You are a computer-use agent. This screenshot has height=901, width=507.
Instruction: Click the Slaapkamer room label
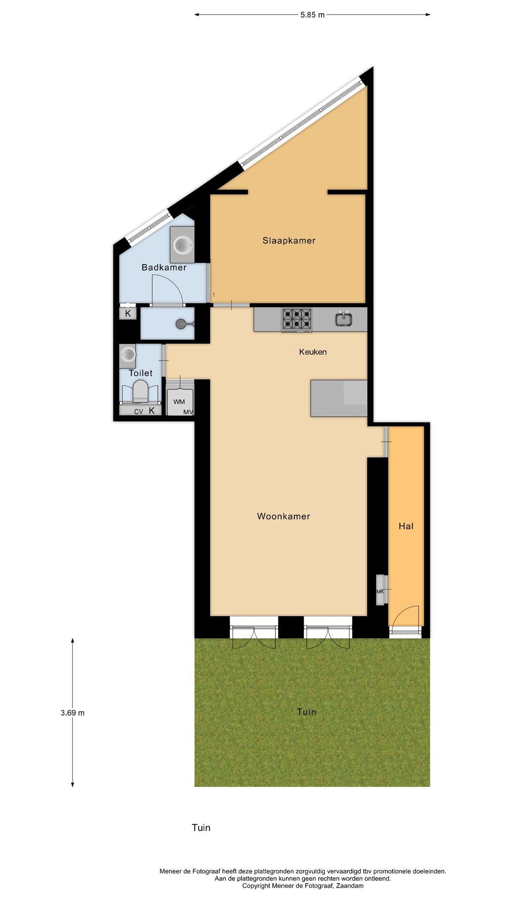point(289,241)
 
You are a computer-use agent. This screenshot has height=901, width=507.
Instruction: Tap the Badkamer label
point(164,267)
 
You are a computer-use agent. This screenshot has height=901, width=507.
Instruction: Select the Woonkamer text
point(284,517)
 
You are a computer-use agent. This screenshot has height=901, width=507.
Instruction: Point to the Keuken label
point(313,352)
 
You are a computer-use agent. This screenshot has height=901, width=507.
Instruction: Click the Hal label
point(406,527)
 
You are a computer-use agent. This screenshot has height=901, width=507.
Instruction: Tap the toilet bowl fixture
point(140,391)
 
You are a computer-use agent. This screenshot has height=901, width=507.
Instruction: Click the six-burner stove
point(297,320)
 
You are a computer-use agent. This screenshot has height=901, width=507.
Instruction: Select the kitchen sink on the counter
point(344,319)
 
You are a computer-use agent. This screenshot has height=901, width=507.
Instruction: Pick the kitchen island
point(338,398)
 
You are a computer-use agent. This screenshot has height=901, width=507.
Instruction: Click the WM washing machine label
point(179,402)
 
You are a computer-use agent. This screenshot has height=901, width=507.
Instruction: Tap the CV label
point(138,412)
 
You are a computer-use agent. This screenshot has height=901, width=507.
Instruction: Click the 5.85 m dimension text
point(312,15)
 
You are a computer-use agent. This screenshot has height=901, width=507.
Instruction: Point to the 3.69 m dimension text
point(72,713)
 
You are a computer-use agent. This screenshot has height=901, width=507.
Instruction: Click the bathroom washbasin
point(182,244)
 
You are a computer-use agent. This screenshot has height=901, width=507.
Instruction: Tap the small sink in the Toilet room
point(127,355)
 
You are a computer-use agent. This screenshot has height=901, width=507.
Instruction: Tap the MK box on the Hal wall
point(380,591)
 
